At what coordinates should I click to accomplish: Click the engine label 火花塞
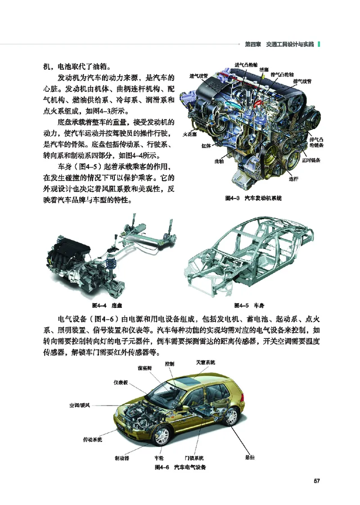[189, 134]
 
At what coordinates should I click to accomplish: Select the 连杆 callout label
[293, 179]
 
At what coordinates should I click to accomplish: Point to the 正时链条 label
[311, 160]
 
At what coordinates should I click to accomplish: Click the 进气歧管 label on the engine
[199, 76]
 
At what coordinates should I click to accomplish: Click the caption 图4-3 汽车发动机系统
[253, 198]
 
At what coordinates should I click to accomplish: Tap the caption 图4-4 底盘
[107, 305]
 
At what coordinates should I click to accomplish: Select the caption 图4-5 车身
[249, 305]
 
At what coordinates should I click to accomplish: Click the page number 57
[317, 481]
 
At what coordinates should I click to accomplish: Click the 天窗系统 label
[206, 362]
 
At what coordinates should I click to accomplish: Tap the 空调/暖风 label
[80, 405]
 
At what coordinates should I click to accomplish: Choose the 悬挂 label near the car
[250, 457]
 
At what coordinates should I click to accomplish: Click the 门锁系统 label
[194, 458]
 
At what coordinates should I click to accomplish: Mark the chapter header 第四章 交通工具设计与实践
[279, 45]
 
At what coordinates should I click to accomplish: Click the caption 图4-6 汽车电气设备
[180, 467]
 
